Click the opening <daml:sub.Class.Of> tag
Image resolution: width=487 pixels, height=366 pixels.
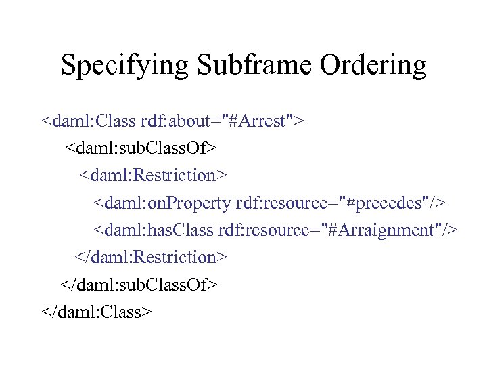coord(141,148)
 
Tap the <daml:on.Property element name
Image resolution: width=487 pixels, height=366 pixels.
coord(163,203)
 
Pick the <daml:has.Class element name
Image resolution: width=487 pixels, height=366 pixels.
coord(154,230)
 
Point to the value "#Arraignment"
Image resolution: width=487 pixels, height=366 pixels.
coord(381,230)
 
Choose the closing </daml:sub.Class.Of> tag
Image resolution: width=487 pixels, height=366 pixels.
coord(139,285)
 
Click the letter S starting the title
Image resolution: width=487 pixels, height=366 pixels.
coord(68,66)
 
